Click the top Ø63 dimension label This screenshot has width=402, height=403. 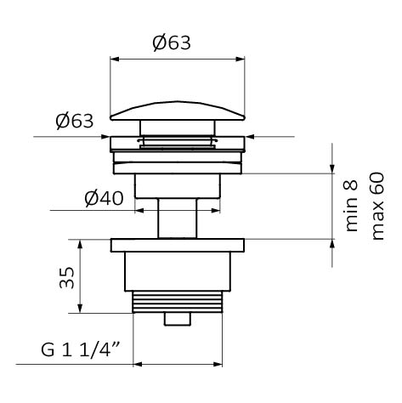tap(172, 43)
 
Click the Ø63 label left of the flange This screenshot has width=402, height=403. tap(75, 121)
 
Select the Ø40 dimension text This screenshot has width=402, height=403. tap(104, 198)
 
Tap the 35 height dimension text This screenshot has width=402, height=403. tap(67, 277)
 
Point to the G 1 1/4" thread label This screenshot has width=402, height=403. tap(81, 350)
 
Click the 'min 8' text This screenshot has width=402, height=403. tap(351, 206)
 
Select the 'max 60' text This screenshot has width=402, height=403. tap(378, 206)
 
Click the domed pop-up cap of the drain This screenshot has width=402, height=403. tap(178, 111)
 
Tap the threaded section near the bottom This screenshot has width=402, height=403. tap(178, 302)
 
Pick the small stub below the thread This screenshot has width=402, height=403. tap(178, 320)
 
